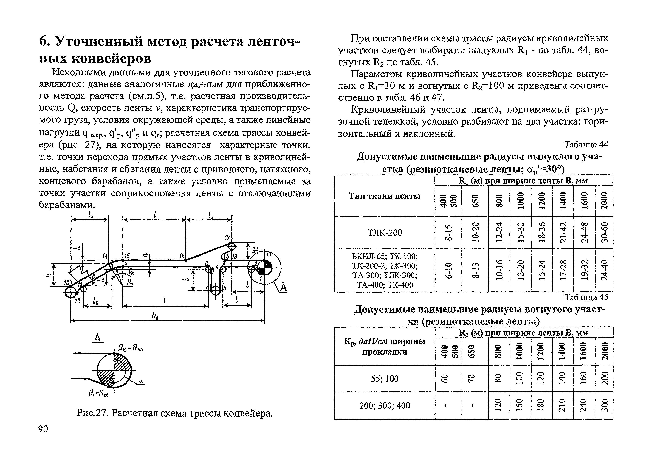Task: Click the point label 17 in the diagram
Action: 227,237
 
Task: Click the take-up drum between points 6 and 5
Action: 216,291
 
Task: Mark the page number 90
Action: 43,429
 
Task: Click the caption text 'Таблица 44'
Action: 586,145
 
